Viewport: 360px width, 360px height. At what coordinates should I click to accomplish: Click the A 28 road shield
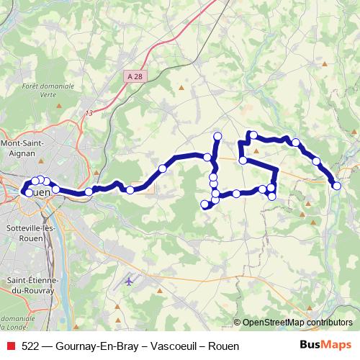133,75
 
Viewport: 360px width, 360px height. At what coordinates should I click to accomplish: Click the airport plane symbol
129,282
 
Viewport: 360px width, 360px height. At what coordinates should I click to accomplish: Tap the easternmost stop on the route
337,186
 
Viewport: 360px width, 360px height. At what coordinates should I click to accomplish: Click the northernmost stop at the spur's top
217,136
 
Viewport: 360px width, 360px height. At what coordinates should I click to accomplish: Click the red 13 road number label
89,113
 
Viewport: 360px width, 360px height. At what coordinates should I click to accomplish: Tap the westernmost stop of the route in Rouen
28,193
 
